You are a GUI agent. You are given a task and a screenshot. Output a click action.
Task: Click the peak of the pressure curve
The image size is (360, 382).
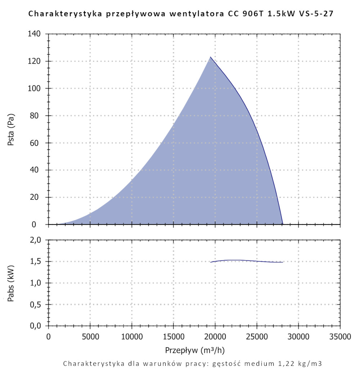coord(211,57)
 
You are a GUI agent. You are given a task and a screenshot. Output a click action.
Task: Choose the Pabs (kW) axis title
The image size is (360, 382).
coord(11,283)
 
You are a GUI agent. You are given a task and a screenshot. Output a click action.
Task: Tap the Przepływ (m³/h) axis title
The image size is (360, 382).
coord(195,350)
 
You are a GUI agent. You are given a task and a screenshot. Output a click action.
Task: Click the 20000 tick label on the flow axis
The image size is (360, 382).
coord(215,337)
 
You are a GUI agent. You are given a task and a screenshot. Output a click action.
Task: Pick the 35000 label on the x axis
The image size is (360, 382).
coord(340,337)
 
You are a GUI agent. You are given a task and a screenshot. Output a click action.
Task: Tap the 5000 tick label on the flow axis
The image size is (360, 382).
coord(90,337)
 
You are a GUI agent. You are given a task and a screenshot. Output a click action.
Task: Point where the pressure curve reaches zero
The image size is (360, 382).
coord(283,224)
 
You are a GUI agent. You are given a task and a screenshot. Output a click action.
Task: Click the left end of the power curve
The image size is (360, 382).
coord(211,262)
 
